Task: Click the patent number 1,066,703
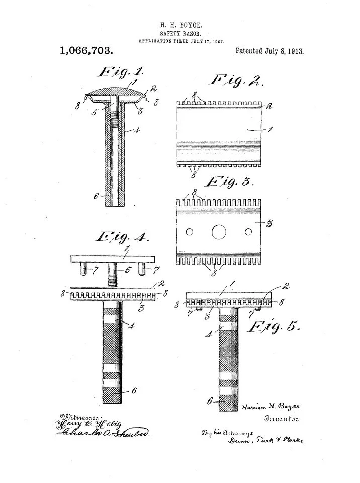click(85, 50)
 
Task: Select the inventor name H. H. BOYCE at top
click(182, 24)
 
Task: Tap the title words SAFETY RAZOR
click(182, 33)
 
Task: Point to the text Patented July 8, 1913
click(269, 51)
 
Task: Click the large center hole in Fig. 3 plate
click(219, 232)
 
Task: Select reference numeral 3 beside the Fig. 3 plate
click(269, 224)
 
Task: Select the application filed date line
click(182, 41)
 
